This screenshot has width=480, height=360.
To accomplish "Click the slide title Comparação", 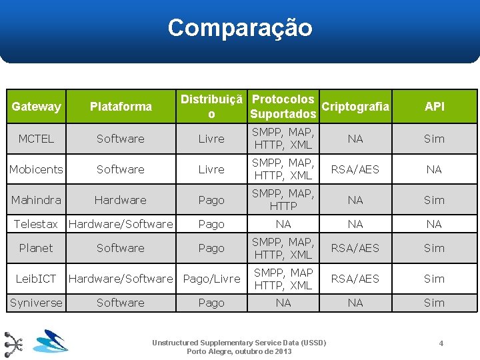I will point(240,28).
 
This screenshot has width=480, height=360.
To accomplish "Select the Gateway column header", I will point(36,106).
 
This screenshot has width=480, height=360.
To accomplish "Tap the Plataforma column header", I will point(121,106).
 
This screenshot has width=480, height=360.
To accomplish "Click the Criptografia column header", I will point(355,106).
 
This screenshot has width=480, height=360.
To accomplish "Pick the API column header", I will point(434,106).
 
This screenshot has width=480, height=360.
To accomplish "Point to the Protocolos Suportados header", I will point(283,107).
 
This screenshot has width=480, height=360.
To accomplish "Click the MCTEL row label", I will point(36,139).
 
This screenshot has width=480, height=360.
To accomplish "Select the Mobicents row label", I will point(36,169).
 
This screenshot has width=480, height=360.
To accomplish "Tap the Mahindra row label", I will point(36,200).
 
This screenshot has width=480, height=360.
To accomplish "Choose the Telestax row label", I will point(36,224).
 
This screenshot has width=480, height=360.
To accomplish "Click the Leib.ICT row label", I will point(36,279).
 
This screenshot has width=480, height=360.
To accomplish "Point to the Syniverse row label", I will point(36,303).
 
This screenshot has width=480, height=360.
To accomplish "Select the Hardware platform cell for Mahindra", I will point(121,200).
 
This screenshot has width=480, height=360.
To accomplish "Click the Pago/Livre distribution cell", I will point(211,279).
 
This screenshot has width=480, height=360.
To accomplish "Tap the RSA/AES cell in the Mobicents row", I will point(355,169).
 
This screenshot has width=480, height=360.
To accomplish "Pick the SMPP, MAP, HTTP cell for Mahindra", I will point(283,200).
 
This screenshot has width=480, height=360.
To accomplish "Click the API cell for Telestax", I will point(434,224).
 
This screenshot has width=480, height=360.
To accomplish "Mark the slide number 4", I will point(441,343).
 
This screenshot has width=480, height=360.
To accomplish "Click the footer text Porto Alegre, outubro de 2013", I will point(239,351).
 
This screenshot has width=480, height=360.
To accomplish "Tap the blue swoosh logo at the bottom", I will point(51,342).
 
